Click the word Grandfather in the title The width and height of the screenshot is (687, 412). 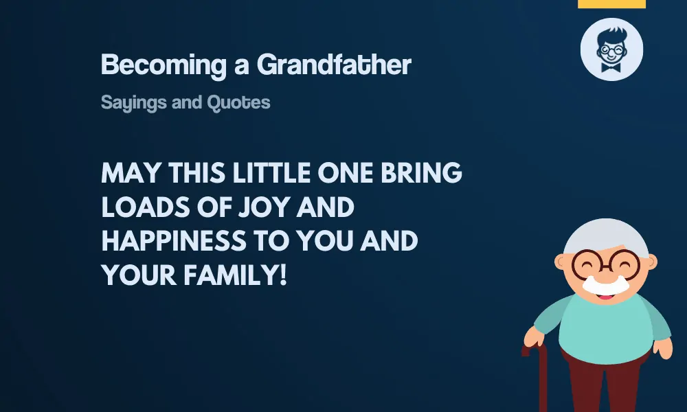[334, 65]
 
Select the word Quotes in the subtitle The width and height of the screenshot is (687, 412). [238, 102]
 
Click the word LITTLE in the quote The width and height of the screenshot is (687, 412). [271, 172]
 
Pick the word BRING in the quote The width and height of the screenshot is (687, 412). [421, 172]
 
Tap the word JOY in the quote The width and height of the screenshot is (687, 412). [264, 207]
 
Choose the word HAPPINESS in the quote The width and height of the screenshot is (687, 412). [174, 241]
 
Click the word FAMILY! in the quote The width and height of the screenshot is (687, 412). [235, 275]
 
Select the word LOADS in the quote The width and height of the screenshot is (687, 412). [146, 207]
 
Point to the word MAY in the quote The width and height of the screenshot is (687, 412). [131, 172]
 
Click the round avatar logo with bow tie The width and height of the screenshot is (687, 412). [611, 49]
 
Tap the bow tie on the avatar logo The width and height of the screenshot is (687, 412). [611, 67]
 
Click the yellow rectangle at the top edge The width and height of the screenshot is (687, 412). [611, 4]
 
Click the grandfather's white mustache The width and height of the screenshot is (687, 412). [606, 285]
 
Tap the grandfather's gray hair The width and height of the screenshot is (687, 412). [606, 236]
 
